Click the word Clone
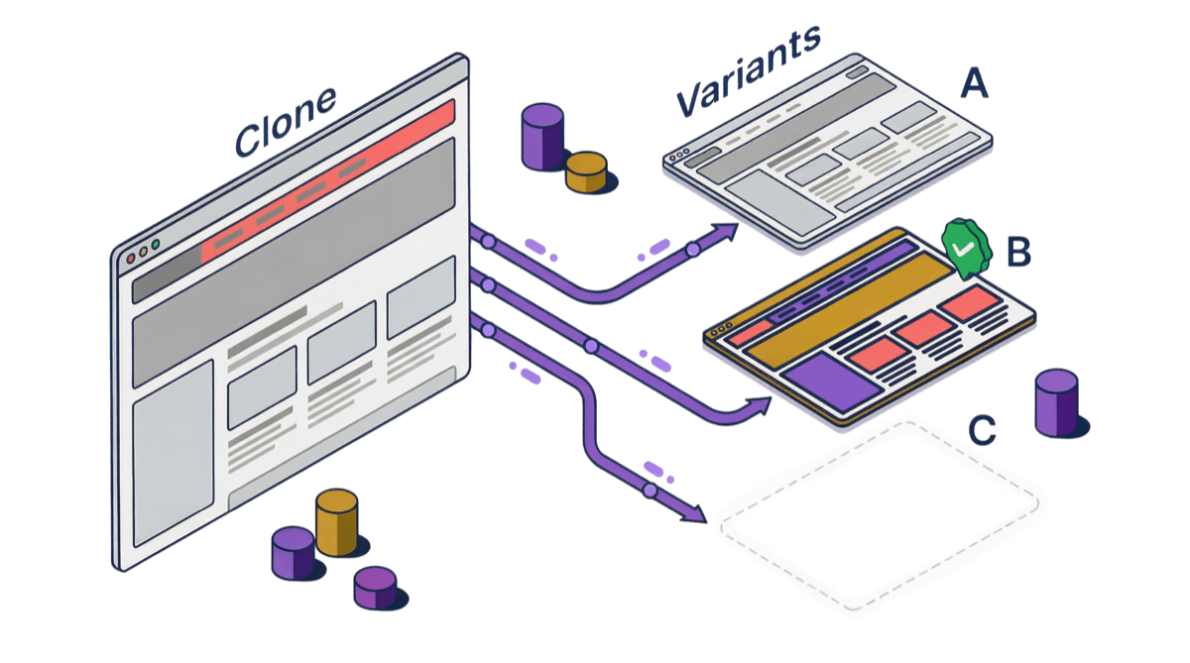click(286, 120)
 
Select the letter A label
click(974, 85)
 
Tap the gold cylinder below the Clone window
click(336, 522)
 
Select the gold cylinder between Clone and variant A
click(585, 171)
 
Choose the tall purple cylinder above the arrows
click(542, 136)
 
